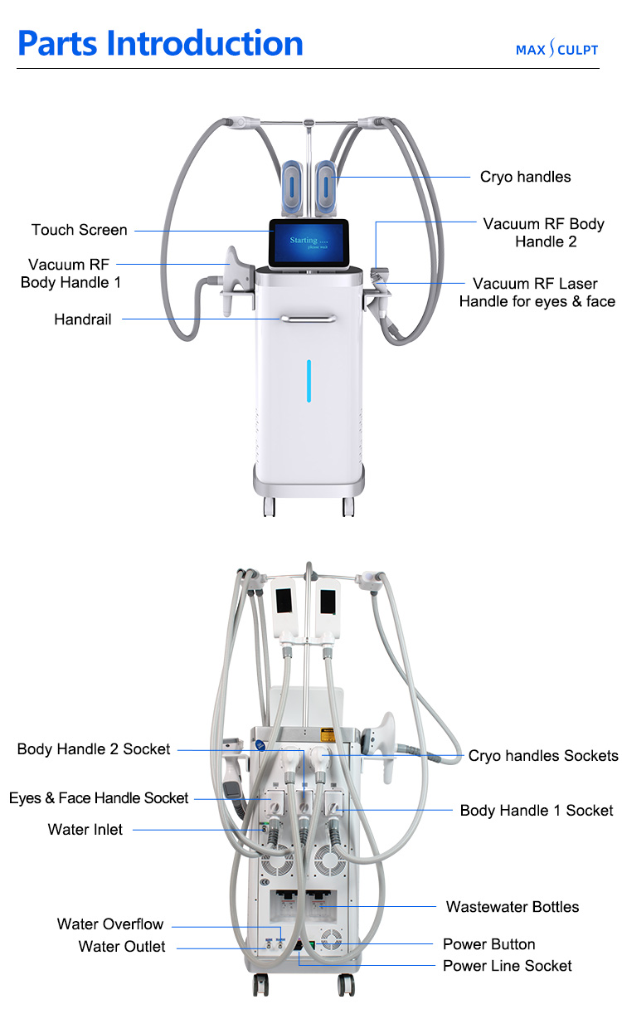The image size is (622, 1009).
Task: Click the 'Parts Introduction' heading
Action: [x=160, y=42]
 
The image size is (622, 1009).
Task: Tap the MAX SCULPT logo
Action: [x=556, y=50]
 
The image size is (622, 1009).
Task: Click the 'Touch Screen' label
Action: [x=80, y=230]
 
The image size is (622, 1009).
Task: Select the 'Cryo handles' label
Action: [x=525, y=177]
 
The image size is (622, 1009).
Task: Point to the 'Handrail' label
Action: [x=82, y=319]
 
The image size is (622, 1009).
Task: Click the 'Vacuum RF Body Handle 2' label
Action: [x=544, y=232]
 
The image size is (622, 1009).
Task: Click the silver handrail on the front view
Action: [x=309, y=318]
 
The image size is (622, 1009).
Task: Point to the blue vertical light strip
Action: [x=309, y=381]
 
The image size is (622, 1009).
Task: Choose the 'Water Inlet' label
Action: [x=85, y=829]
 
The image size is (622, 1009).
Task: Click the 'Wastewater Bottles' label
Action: [x=513, y=907]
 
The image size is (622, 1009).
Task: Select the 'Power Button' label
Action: [x=488, y=944]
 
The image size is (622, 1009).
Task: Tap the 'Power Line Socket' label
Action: [x=507, y=966]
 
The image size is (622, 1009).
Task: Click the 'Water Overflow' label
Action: [x=110, y=924]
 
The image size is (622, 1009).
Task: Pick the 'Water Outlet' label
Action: [x=122, y=947]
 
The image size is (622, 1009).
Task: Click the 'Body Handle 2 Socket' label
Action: [x=94, y=749]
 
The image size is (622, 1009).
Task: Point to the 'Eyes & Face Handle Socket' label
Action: [x=99, y=798]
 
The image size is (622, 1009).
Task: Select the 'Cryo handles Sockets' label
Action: [x=543, y=755]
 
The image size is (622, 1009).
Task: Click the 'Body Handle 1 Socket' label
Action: [x=537, y=810]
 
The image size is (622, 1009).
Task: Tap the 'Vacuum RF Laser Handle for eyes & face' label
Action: [x=537, y=293]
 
